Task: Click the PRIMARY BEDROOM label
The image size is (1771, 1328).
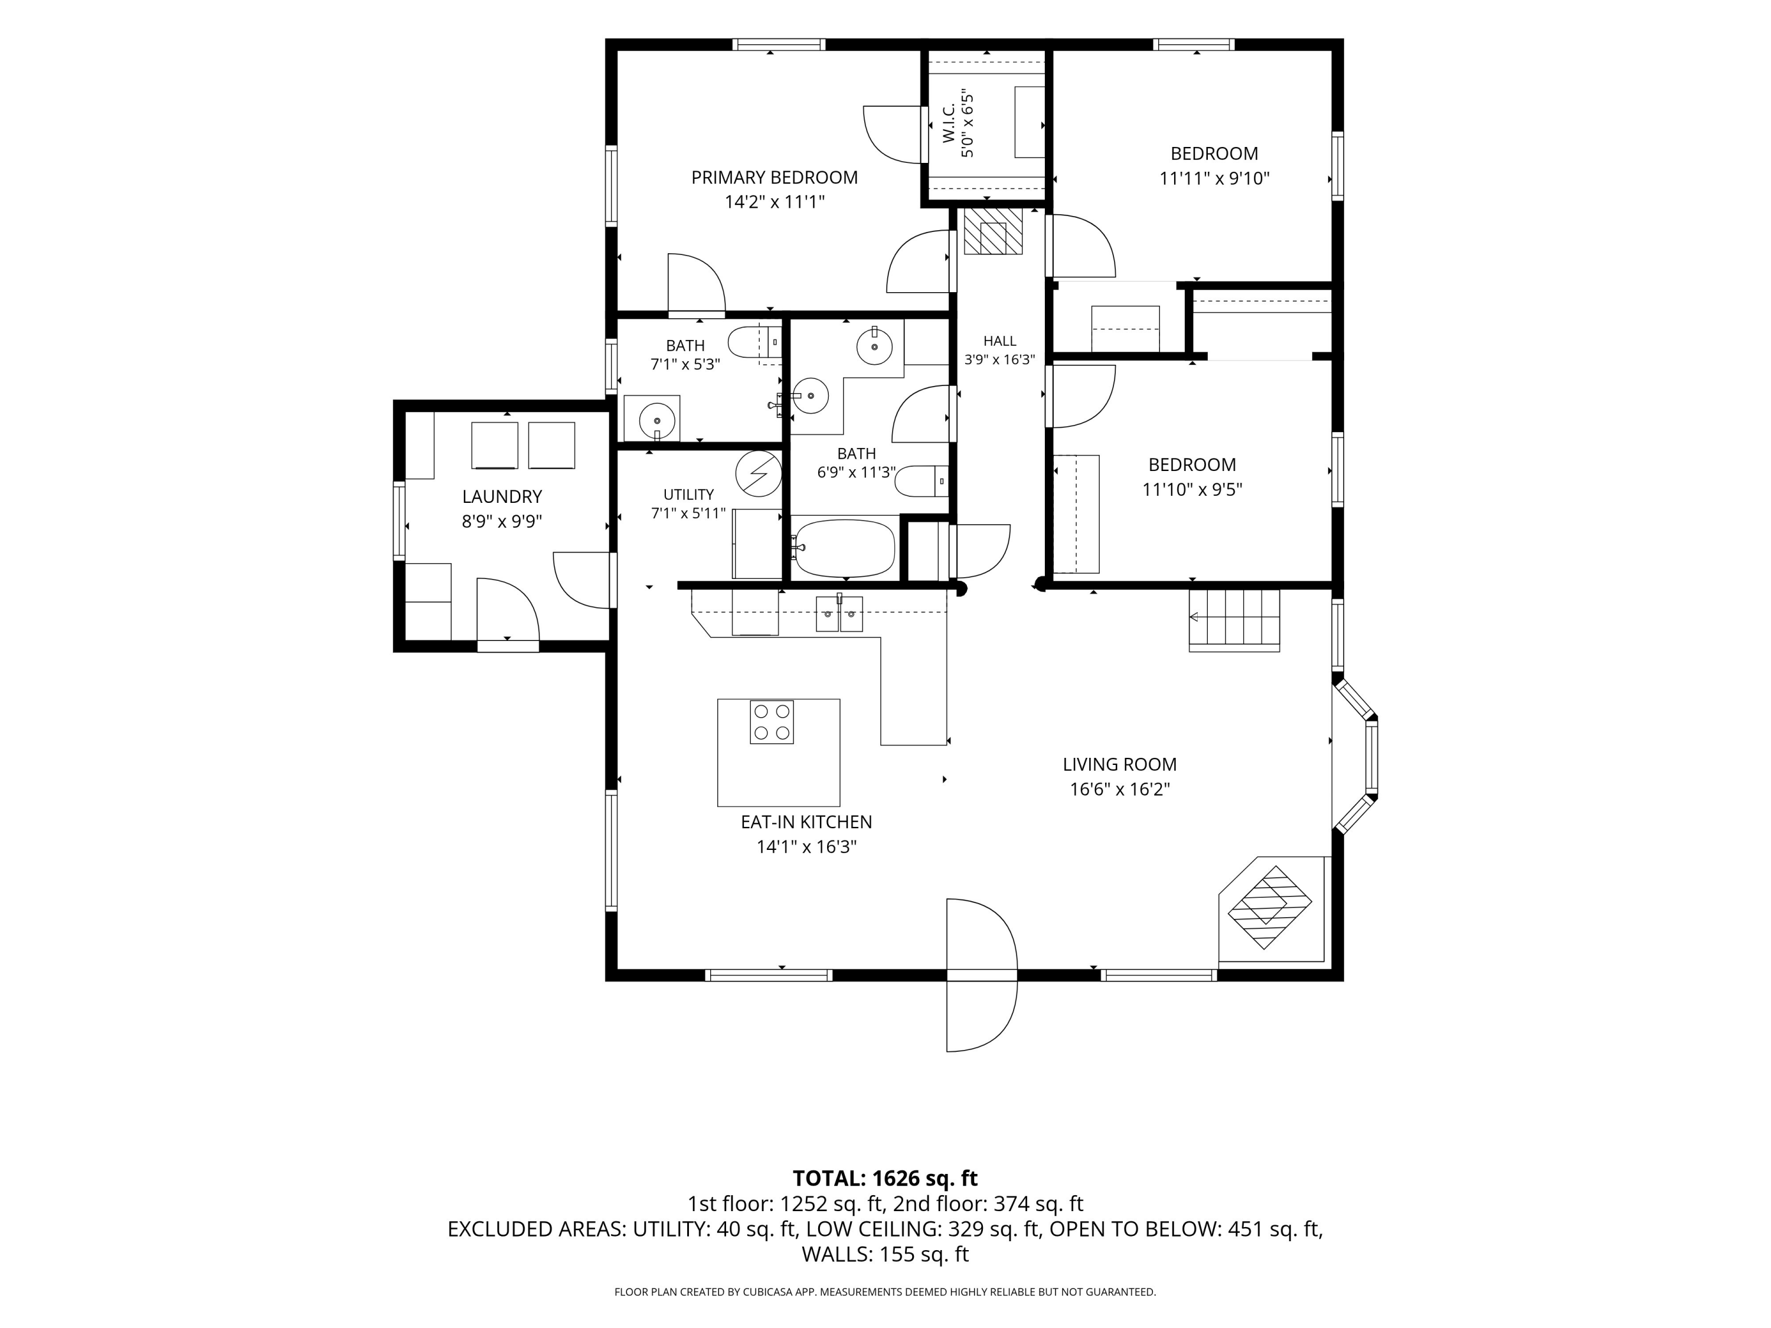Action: pyautogui.click(x=774, y=178)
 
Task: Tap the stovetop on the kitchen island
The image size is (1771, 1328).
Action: pyautogui.click(x=772, y=722)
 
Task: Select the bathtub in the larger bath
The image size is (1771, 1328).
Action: pyautogui.click(x=844, y=548)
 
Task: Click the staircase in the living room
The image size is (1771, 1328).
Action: pyautogui.click(x=1234, y=620)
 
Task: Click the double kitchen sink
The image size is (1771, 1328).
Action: pyautogui.click(x=839, y=614)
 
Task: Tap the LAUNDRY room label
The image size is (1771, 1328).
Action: pyautogui.click(x=502, y=496)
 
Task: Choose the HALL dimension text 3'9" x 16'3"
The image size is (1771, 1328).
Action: pyautogui.click(x=999, y=360)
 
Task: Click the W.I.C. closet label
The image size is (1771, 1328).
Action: pyautogui.click(x=949, y=125)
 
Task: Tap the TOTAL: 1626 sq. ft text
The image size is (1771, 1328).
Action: pyautogui.click(x=885, y=1178)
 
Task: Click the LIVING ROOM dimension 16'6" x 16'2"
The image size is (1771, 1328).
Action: pyautogui.click(x=1119, y=789)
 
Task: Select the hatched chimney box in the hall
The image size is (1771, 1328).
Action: pyautogui.click(x=993, y=231)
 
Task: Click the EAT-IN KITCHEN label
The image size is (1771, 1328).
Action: pyautogui.click(x=806, y=822)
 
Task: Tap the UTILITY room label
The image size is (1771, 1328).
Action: pyautogui.click(x=688, y=495)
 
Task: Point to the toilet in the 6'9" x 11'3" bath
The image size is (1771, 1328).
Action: pyautogui.click(x=922, y=481)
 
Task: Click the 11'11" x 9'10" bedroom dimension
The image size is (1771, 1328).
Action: pyautogui.click(x=1214, y=178)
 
